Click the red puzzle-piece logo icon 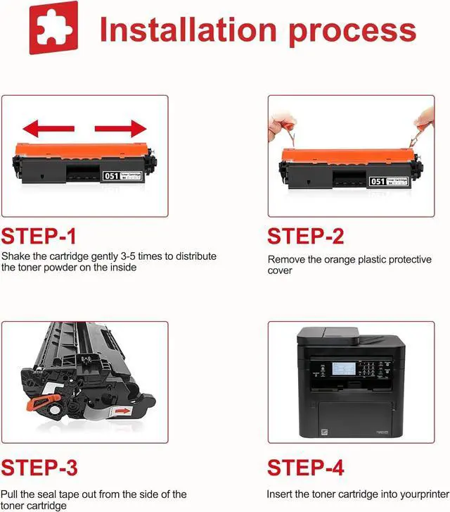click(x=53, y=27)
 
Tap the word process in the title click(x=352, y=32)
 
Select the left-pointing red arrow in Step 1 click(x=49, y=129)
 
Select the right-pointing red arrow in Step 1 click(x=120, y=129)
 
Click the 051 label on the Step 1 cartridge click(x=111, y=176)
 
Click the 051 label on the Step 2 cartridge click(x=378, y=181)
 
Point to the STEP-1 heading click(x=39, y=237)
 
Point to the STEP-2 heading click(x=306, y=237)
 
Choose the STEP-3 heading click(x=39, y=467)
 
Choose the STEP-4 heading click(x=306, y=467)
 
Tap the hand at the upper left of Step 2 click(x=281, y=127)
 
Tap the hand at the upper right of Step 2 click(x=424, y=123)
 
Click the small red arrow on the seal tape click(x=123, y=411)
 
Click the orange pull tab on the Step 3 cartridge click(x=44, y=402)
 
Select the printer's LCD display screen click(x=344, y=368)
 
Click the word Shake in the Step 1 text click(x=16, y=256)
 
